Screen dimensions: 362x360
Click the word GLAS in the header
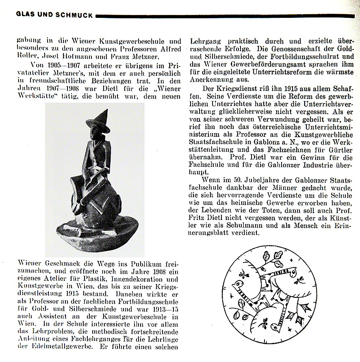[26, 15]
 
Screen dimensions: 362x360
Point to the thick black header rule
[223, 16]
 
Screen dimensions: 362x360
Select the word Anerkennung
[213, 80]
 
